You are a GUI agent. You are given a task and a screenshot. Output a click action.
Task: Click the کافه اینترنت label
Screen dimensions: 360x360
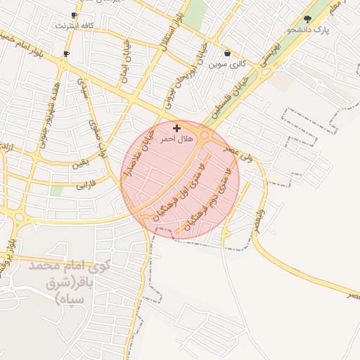click(75, 25)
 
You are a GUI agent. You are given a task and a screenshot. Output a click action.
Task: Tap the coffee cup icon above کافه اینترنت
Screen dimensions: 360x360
click(75, 15)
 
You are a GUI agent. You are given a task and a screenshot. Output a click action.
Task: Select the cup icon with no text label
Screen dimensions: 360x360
click(66, 53)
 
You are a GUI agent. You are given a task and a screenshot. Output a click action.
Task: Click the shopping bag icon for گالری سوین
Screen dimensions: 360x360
click(226, 53)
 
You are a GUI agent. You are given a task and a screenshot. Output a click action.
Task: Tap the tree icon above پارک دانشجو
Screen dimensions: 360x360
click(307, 19)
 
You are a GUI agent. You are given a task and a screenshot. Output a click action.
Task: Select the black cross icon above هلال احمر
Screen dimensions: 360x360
click(176, 128)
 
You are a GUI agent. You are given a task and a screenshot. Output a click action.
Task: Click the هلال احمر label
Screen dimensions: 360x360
click(176, 139)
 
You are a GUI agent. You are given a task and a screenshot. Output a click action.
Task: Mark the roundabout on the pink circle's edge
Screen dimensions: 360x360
click(205, 135)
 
